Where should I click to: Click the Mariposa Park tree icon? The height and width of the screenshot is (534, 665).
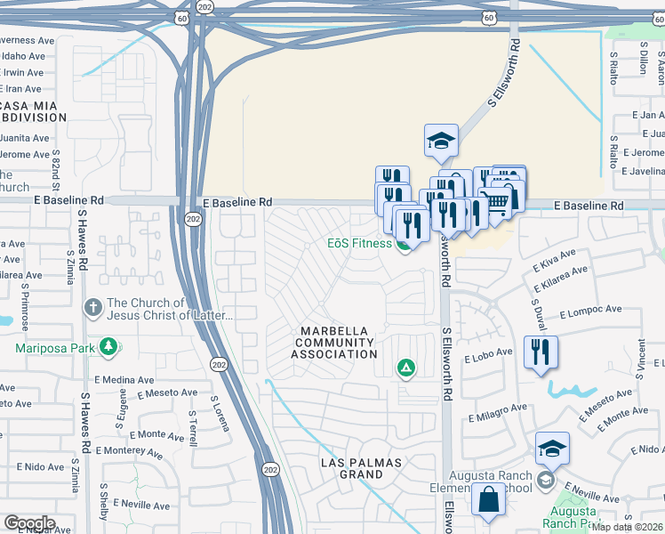point(109,346)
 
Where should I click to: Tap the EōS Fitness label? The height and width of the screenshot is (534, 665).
point(359,243)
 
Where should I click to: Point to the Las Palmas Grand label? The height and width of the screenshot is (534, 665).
point(362,469)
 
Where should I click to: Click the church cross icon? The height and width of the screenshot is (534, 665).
point(92,309)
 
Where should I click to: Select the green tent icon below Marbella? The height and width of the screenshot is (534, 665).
point(406,367)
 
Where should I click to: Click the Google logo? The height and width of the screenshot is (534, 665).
point(29,523)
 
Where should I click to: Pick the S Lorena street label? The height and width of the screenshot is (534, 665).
point(220,415)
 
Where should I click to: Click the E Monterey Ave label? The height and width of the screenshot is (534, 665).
point(128,451)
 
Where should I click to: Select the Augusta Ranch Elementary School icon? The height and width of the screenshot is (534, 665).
point(545,481)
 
